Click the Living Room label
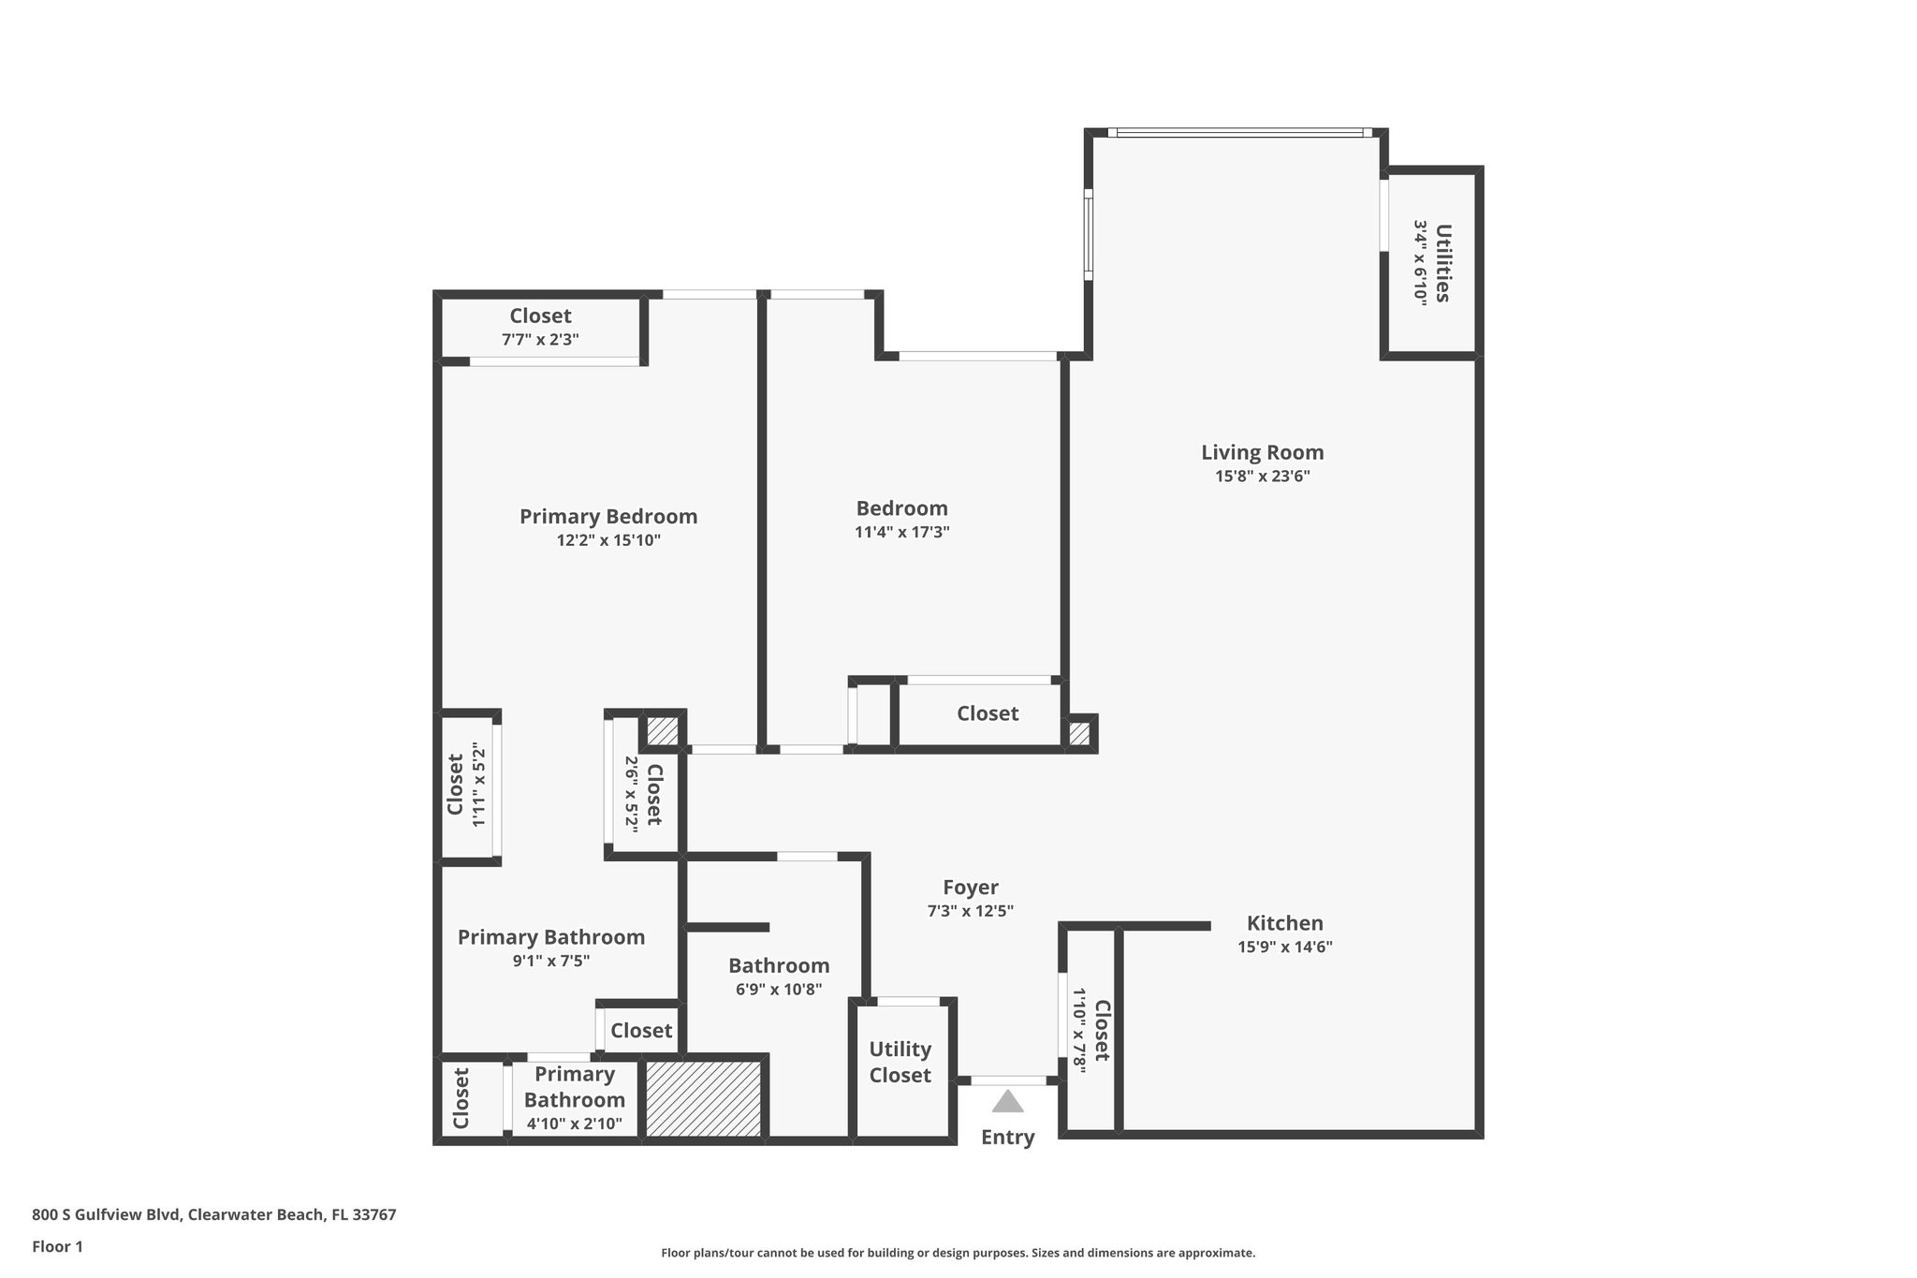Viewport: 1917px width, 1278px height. click(x=1262, y=453)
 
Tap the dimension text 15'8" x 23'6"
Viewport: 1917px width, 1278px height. click(x=1262, y=477)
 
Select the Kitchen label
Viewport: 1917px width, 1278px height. click(x=1284, y=923)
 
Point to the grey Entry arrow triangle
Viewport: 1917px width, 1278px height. click(x=1007, y=1101)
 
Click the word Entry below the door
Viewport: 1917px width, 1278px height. click(x=1007, y=1138)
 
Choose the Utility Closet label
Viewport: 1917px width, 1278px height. click(x=900, y=1062)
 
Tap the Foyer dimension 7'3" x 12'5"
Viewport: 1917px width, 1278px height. click(x=970, y=911)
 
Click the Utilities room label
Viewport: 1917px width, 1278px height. click(x=1442, y=263)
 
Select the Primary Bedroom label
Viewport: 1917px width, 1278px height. click(x=608, y=517)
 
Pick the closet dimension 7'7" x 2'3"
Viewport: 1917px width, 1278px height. click(x=540, y=340)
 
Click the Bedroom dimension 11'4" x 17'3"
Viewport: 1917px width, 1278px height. click(x=901, y=533)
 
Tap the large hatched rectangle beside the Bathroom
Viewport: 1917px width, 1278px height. click(x=704, y=1099)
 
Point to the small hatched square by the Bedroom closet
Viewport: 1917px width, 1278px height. click(x=1079, y=734)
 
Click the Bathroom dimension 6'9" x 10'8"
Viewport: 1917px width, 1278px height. click(x=778, y=990)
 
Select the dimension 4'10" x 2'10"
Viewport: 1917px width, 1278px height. click(x=574, y=1124)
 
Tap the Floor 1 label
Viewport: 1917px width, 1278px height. click(x=57, y=1247)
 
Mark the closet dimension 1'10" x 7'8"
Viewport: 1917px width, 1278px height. click(x=1078, y=1030)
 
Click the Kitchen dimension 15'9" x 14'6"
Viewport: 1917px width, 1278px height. click(x=1284, y=947)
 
